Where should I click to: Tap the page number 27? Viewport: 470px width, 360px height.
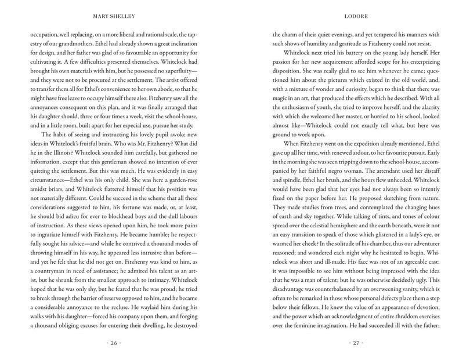click(x=356, y=343)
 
